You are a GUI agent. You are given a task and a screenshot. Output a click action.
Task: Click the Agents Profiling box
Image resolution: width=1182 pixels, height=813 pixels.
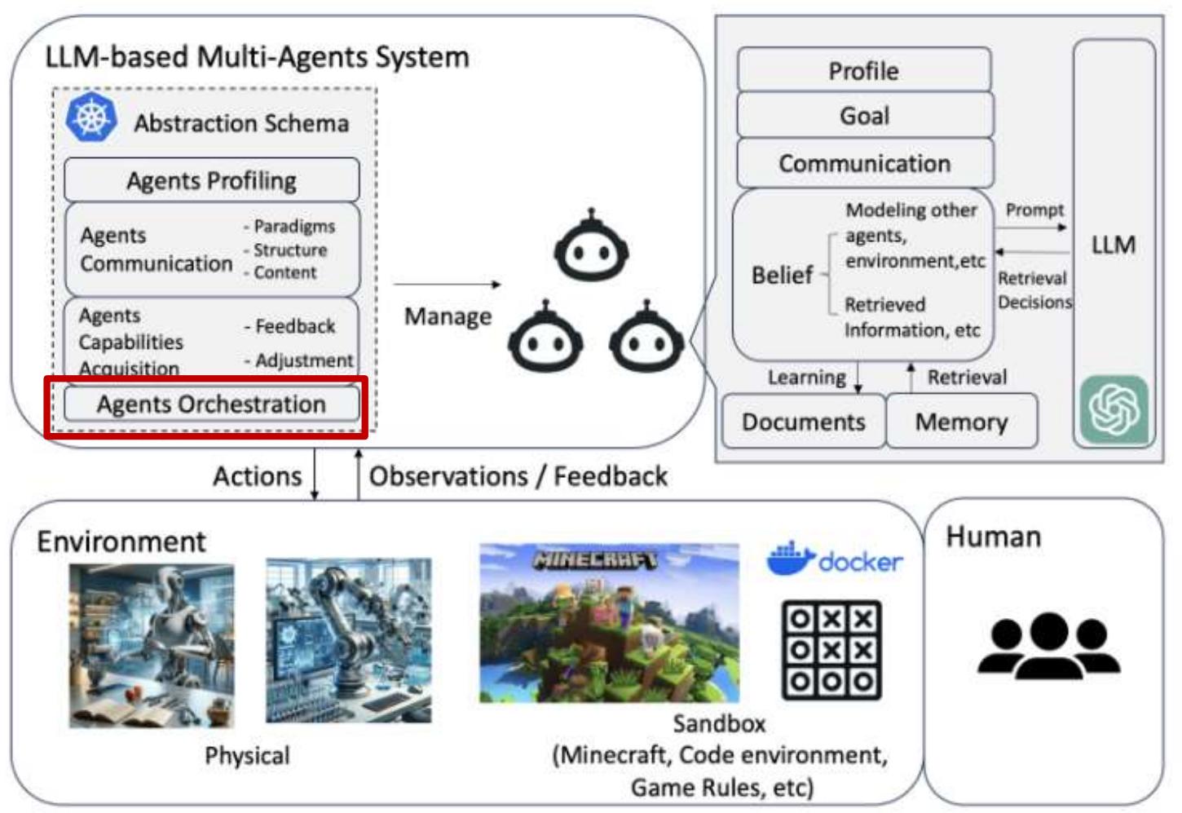[x=211, y=180]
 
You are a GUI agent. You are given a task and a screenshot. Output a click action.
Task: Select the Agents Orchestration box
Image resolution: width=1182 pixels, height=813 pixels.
[x=211, y=404]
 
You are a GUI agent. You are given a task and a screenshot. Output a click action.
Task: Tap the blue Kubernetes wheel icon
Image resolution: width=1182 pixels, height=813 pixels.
[x=90, y=117]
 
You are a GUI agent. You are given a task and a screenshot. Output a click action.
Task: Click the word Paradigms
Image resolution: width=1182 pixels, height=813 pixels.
[x=293, y=226]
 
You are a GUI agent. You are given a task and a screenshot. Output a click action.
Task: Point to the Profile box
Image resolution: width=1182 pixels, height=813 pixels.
[x=864, y=71]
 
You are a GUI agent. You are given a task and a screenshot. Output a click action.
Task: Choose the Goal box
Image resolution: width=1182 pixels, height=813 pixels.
[x=864, y=116]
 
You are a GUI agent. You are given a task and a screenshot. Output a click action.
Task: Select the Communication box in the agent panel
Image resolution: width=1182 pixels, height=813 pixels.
[x=864, y=163]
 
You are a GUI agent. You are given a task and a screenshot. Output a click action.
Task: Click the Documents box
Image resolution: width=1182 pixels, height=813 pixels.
[x=803, y=422]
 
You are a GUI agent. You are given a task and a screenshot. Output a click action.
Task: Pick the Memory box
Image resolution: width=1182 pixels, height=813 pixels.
[x=961, y=422]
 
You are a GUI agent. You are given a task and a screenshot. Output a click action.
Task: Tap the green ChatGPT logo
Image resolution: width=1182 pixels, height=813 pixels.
[x=1114, y=409]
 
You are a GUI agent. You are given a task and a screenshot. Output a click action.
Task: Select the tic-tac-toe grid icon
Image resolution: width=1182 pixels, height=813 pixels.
[x=831, y=650]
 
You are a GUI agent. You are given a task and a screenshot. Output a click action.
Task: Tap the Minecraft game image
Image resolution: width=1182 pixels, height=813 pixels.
[x=609, y=623]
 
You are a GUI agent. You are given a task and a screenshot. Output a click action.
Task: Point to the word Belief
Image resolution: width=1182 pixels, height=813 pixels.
[x=782, y=276]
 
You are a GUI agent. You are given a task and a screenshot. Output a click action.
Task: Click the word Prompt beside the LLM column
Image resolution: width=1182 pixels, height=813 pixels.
[x=1034, y=210]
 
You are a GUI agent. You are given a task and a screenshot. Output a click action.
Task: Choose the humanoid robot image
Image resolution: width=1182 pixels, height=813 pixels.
[x=152, y=644]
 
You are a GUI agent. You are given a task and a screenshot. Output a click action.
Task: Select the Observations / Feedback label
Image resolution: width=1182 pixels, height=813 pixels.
[x=518, y=476]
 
